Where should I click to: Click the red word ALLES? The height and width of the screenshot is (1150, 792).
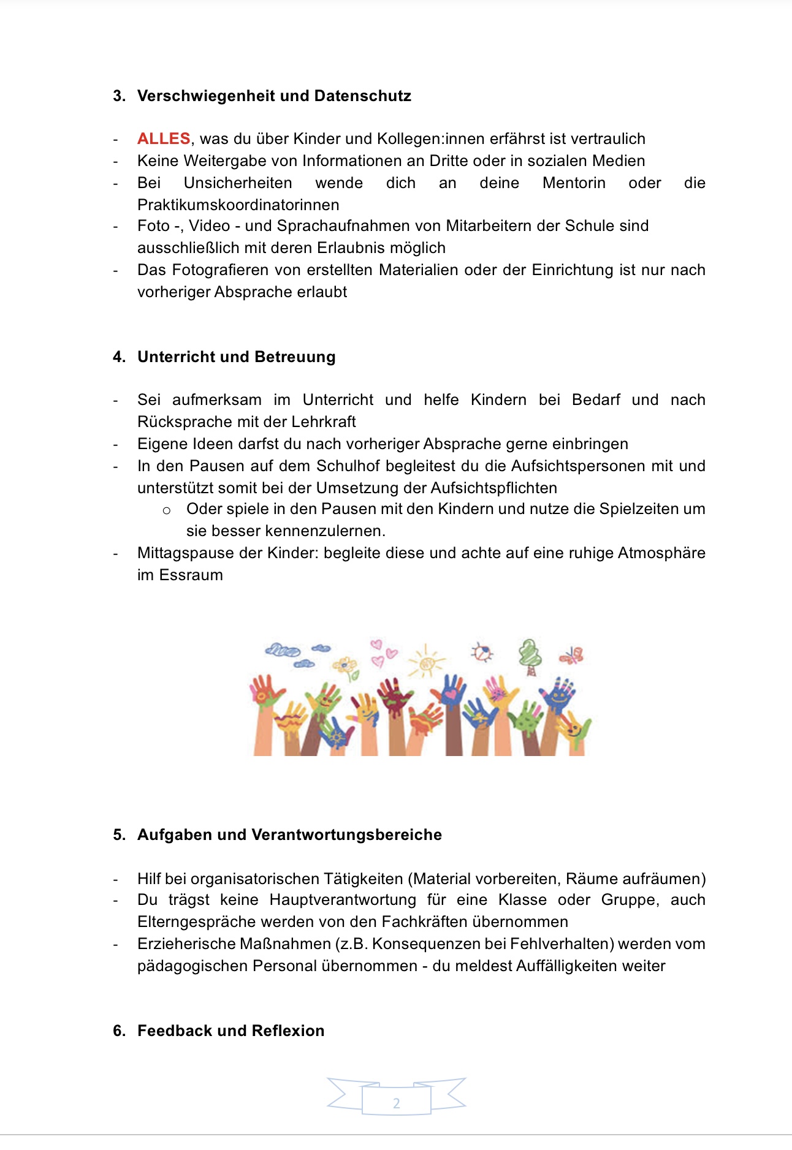click(x=164, y=138)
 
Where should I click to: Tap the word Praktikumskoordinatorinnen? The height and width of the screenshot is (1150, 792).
click(x=238, y=205)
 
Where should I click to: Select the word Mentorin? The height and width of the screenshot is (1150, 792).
click(x=574, y=183)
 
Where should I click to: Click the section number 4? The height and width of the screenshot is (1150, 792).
click(x=118, y=357)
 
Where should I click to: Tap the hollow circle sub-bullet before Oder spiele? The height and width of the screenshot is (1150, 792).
click(x=166, y=510)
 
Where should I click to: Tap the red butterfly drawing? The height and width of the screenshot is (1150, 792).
click(x=572, y=656)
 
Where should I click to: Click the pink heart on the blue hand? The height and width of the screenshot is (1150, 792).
click(x=452, y=694)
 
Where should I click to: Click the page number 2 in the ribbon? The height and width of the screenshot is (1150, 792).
click(x=396, y=1103)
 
